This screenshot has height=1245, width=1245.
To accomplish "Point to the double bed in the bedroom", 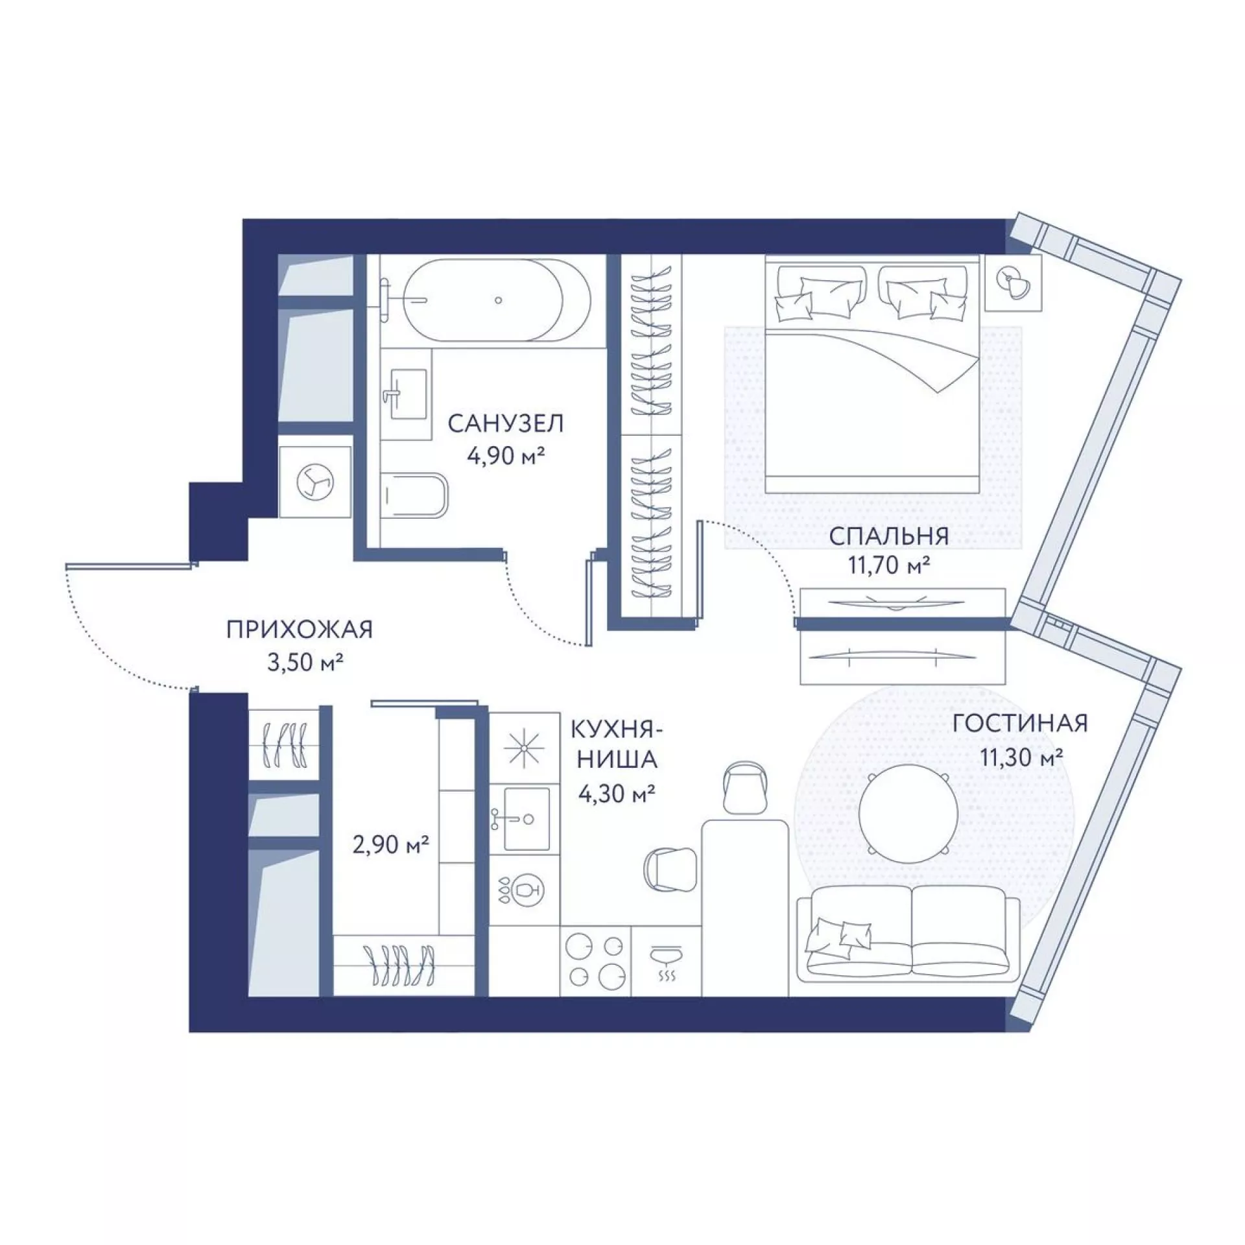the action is pos(871,374).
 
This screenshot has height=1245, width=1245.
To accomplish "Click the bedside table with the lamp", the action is pos(1013,283).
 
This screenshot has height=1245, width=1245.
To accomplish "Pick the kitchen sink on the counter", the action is pos(527,818).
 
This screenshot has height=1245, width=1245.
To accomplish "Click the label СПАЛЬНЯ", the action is pos(889,536).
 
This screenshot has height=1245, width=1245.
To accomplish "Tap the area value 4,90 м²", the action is pos(505,455).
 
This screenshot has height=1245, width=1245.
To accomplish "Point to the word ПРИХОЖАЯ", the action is pos(300,630).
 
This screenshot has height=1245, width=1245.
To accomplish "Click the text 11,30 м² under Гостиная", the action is pos(1021,756).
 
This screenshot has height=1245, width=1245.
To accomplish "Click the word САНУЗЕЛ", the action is pos(506,424).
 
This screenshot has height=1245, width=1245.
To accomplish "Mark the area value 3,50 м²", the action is pos(305,662).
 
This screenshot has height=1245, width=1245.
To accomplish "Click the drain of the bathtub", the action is pos(498,300).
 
